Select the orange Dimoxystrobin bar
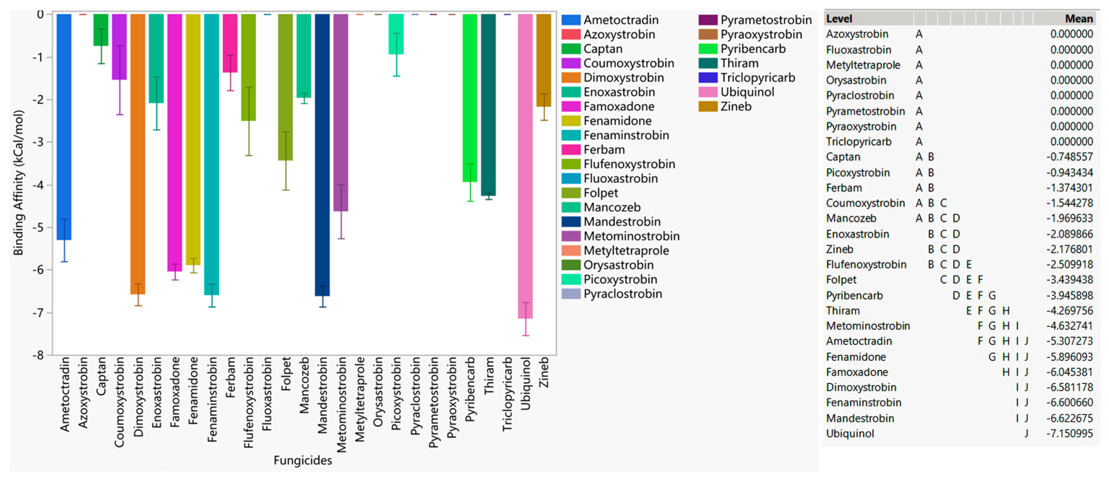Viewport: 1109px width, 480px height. pos(138,151)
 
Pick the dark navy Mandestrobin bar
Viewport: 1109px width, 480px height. pos(322,151)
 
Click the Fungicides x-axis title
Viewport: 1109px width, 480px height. pos(303,460)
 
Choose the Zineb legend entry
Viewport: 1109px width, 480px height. pos(736,106)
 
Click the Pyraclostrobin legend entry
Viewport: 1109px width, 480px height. pos(622,294)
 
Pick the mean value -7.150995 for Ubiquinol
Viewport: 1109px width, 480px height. pos(1069,433)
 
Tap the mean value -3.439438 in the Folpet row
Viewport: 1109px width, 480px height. pos(1069,280)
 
